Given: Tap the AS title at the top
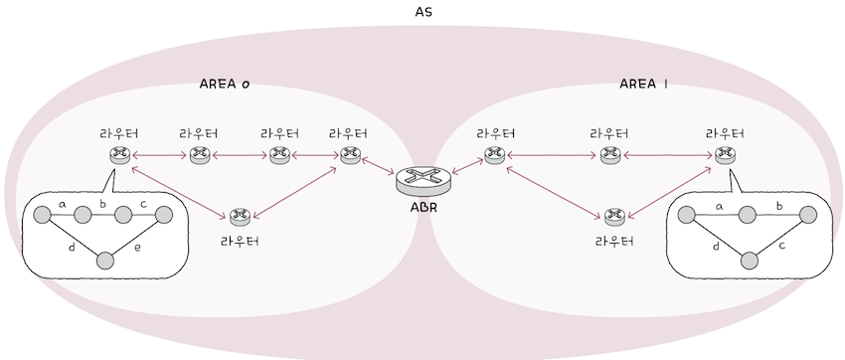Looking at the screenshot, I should pos(423,12).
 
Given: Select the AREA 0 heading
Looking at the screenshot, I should pos(224,85).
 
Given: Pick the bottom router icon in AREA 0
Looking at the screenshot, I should pos(239,215).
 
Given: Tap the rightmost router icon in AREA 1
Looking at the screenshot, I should pos(725,154).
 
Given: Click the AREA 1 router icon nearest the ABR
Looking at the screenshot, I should pos(494,154).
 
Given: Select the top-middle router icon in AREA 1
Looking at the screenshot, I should pos(607,154).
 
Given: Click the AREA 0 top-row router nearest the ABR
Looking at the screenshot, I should pos(349,154).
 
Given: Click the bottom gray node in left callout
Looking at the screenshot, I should pos(104,261).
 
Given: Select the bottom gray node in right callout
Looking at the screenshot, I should pos(750,261).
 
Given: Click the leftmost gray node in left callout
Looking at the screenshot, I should pos(42,215).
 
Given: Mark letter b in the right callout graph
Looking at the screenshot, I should pos(778,206).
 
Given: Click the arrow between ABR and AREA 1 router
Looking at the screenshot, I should pos(465,167).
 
